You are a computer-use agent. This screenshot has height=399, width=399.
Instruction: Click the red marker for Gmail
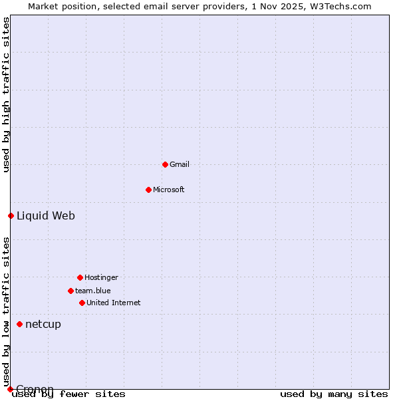tap(165, 164)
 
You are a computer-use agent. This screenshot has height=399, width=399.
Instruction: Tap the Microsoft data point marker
tap(148, 190)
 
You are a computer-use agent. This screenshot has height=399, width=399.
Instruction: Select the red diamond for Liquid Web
tap(11, 215)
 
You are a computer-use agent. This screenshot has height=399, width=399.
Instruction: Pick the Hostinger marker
tap(80, 277)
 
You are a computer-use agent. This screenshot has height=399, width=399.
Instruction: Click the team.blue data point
tap(70, 291)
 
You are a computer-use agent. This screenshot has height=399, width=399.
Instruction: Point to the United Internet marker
tap(82, 303)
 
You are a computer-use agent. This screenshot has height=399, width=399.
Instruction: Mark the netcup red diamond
tap(19, 324)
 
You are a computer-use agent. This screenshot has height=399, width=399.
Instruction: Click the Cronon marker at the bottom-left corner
tap(10, 389)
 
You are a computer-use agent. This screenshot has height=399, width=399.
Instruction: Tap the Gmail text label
tap(180, 164)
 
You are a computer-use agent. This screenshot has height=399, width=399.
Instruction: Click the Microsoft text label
tap(169, 190)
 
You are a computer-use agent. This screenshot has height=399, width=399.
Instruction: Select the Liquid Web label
tap(46, 215)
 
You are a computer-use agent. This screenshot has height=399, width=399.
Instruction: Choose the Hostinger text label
tap(101, 277)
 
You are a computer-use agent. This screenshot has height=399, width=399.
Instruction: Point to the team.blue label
tap(93, 291)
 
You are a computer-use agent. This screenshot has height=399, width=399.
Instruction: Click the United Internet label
tap(114, 303)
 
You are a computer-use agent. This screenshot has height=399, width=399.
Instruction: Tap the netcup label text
tap(43, 324)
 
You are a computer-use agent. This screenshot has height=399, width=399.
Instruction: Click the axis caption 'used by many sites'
tap(334, 394)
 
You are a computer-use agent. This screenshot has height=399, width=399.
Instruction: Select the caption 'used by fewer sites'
tap(68, 394)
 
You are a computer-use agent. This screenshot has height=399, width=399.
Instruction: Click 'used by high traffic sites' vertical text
tap(6, 95)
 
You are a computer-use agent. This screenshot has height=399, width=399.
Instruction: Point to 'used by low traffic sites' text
tap(6, 312)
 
